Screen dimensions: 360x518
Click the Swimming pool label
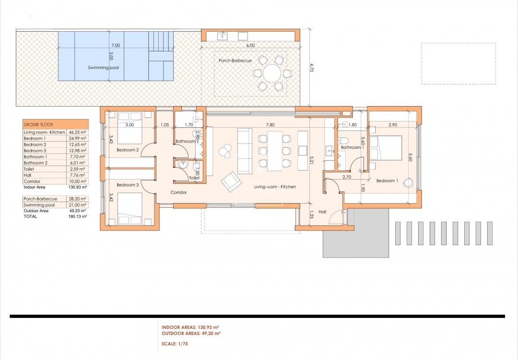coord(103,68)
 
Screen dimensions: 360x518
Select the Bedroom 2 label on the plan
coord(128,150)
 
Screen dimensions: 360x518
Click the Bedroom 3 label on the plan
coord(128,185)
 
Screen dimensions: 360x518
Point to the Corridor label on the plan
coord(178,192)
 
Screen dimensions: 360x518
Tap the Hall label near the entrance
coord(322,212)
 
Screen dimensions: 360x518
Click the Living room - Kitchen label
coord(275,187)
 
